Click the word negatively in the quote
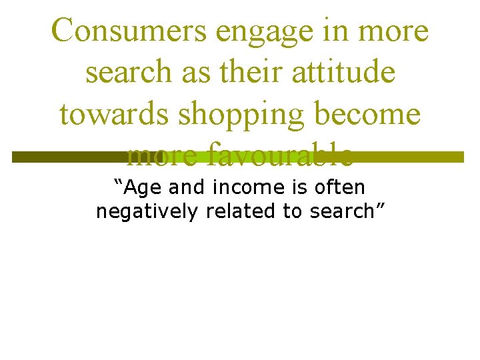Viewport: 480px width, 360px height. coord(147,213)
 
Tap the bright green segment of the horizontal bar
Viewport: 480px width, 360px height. coord(200,157)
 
